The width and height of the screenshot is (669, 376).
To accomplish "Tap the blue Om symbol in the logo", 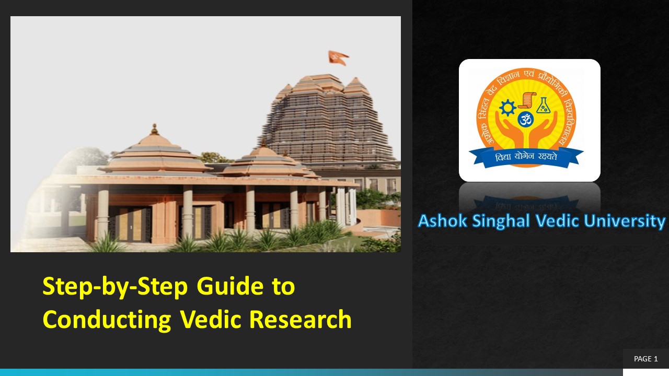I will [x=526, y=120].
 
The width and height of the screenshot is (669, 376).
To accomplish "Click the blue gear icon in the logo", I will [x=507, y=108].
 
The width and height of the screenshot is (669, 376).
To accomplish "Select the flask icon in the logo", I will [x=544, y=105].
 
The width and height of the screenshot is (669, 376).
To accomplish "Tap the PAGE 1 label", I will [x=645, y=359].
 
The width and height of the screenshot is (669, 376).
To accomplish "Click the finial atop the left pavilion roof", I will [x=154, y=128].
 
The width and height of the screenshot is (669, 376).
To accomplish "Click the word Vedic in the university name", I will [x=558, y=221].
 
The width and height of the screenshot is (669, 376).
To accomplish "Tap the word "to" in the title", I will [x=283, y=287].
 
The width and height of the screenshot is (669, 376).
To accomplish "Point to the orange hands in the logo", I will [x=526, y=137].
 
